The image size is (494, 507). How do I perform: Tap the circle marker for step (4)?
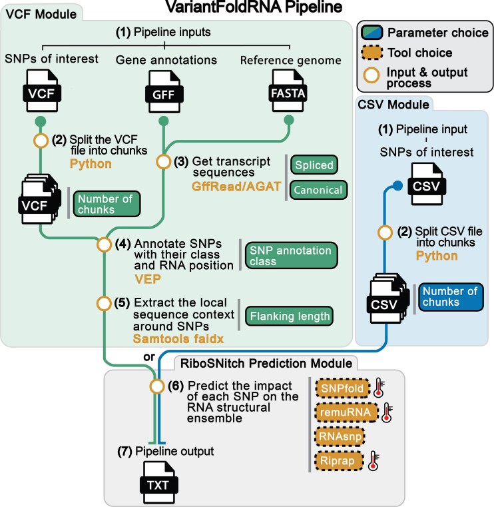coord(104,244)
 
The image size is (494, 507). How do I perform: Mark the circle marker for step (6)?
coord(157,385)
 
